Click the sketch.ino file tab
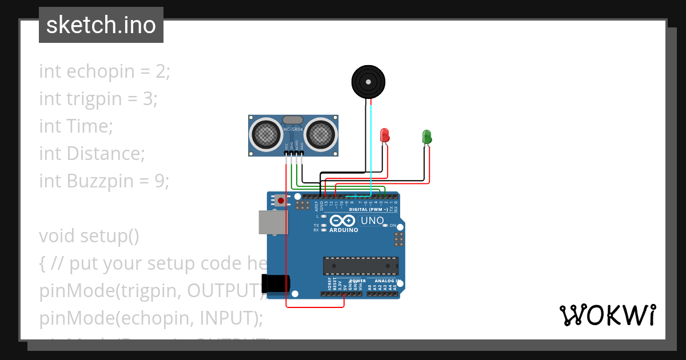[101, 25]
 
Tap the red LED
[385, 135]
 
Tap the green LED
[426, 137]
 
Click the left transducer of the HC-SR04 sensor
[266, 134]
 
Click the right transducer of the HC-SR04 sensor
[320, 134]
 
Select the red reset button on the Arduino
[281, 201]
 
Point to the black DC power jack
[276, 283]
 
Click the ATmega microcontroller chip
[360, 266]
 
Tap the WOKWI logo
[607, 315]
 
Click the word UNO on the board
[372, 221]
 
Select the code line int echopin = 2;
[105, 71]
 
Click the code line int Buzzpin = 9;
[104, 181]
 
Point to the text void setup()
[89, 236]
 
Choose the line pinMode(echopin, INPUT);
[151, 318]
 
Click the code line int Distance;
[92, 154]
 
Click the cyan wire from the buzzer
[371, 149]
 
